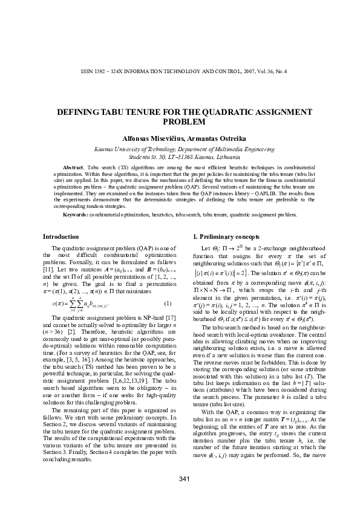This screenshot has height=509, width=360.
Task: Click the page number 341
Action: (180, 479)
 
